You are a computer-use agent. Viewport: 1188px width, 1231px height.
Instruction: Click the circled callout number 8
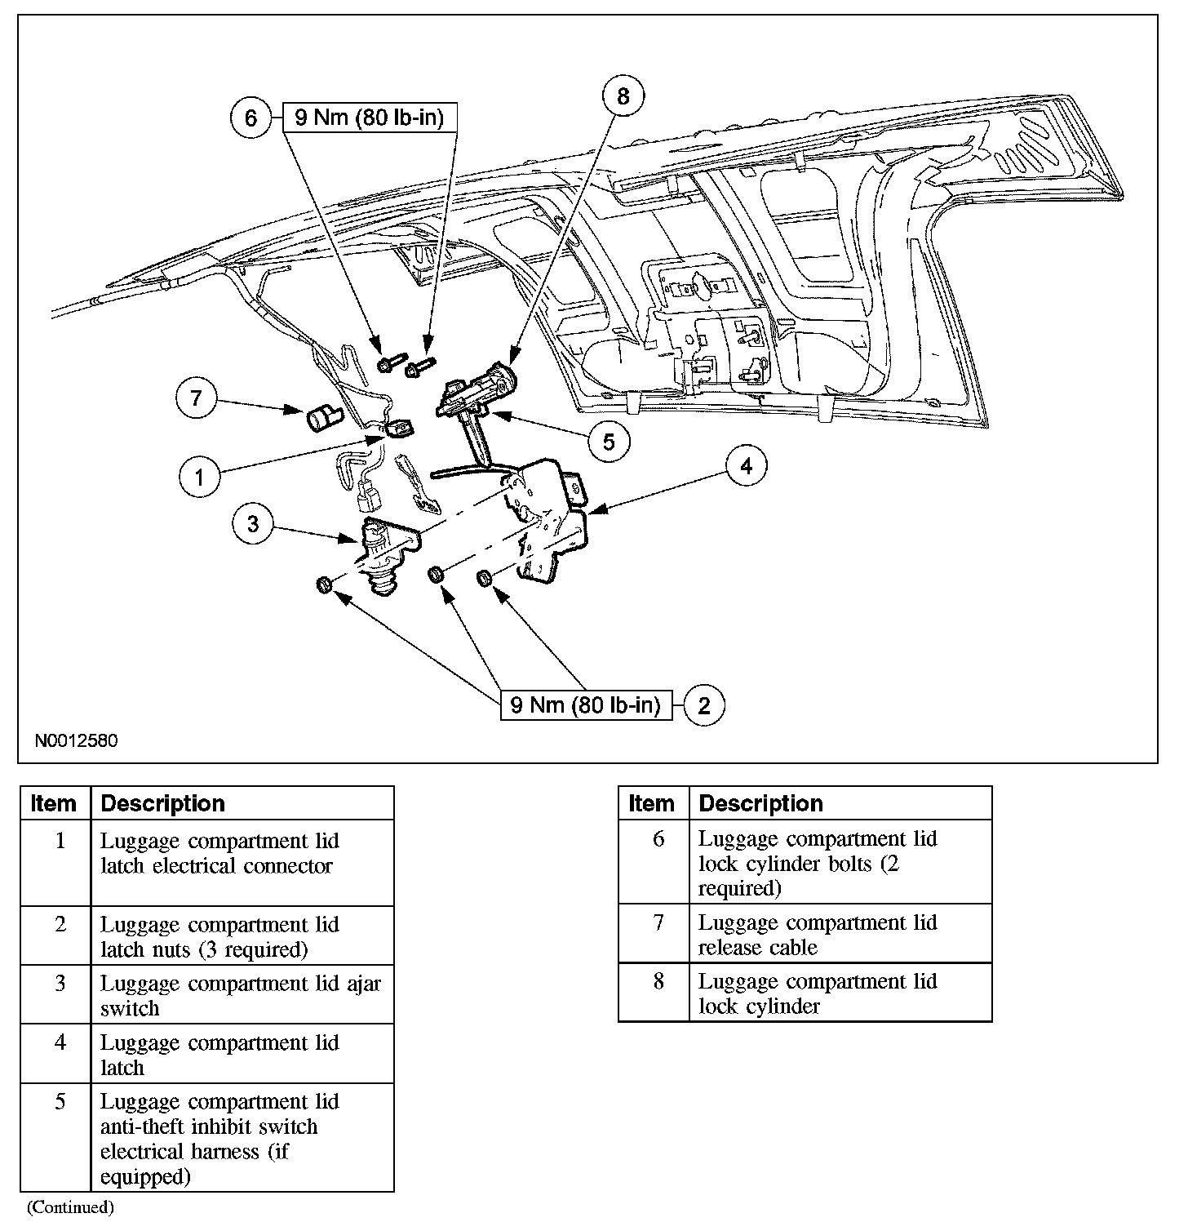pyautogui.click(x=623, y=97)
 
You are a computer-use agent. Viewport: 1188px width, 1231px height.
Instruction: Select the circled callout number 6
pyautogui.click(x=250, y=118)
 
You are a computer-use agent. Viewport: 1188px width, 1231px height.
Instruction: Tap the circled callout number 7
pyautogui.click(x=197, y=399)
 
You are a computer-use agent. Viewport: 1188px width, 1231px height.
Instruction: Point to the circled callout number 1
pyautogui.click(x=200, y=477)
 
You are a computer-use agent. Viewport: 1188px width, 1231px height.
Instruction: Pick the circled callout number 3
pyautogui.click(x=253, y=523)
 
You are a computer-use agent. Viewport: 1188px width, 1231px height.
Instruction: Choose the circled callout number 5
pyautogui.click(x=609, y=441)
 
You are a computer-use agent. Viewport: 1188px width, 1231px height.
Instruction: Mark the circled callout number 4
pyautogui.click(x=745, y=466)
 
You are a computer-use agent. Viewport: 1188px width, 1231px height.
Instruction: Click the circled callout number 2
pyautogui.click(x=704, y=704)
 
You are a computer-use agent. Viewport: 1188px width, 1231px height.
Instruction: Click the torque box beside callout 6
pyautogui.click(x=369, y=118)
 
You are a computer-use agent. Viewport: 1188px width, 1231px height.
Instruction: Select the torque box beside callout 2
pyautogui.click(x=586, y=704)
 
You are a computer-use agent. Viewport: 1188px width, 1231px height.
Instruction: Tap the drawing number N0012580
pyautogui.click(x=76, y=741)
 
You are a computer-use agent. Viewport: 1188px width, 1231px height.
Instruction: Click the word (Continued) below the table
pyautogui.click(x=70, y=1207)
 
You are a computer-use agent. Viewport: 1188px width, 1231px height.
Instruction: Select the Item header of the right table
pyautogui.click(x=652, y=803)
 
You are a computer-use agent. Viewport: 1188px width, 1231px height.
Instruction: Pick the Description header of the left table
pyautogui.click(x=163, y=803)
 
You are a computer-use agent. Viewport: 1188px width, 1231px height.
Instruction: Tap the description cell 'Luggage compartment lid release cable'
pyautogui.click(x=818, y=935)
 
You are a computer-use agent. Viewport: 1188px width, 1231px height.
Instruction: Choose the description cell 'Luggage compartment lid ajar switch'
pyautogui.click(x=241, y=996)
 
